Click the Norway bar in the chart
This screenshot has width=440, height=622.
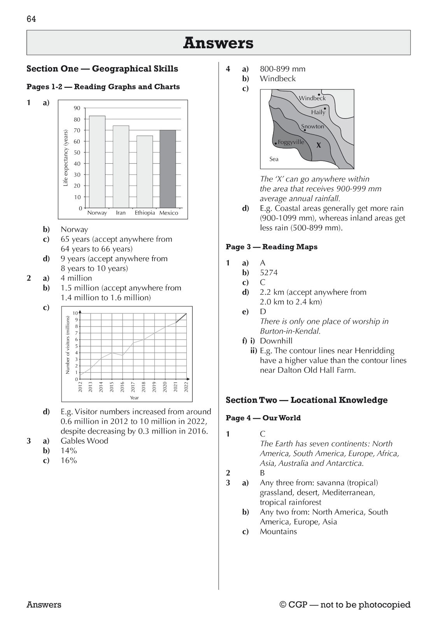[x=97, y=161]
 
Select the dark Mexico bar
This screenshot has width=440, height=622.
[x=168, y=169]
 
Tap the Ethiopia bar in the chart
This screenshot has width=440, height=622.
[x=144, y=171]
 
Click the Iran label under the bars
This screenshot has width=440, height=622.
[x=121, y=213]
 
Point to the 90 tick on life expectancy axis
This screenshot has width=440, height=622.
[x=77, y=108]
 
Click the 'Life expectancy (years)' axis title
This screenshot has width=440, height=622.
[x=66, y=158]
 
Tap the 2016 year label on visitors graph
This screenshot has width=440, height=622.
[x=122, y=386]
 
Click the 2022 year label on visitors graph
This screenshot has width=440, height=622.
[x=186, y=386]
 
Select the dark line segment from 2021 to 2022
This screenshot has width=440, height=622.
[x=181, y=318]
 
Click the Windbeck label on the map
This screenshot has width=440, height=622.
[x=312, y=98]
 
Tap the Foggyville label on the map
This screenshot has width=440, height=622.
[x=291, y=142]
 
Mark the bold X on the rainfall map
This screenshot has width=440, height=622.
[x=319, y=145]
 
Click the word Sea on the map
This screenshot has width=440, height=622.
[x=274, y=159]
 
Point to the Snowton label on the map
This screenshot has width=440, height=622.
[x=312, y=126]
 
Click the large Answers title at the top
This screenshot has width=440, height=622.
[x=218, y=43]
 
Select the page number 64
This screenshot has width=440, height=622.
[x=31, y=19]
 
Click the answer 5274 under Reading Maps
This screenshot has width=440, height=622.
[x=268, y=273]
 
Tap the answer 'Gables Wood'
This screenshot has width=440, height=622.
[x=84, y=441]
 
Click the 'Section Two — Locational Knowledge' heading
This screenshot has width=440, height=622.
[x=307, y=400]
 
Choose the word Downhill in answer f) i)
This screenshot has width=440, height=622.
[x=276, y=341]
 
